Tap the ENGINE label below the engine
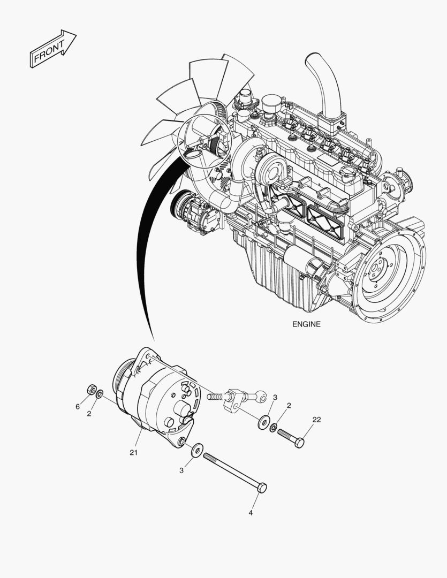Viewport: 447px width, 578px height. pyautogui.click(x=306, y=324)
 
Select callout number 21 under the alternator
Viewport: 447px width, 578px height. pyautogui.click(x=133, y=452)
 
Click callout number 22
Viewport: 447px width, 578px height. pyautogui.click(x=316, y=420)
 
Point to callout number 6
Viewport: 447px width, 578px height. pyautogui.click(x=78, y=407)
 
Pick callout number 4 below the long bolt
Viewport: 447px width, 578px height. pyautogui.click(x=251, y=512)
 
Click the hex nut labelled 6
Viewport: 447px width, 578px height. pyautogui.click(x=92, y=389)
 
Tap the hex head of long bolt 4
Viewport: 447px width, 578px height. pyautogui.click(x=261, y=487)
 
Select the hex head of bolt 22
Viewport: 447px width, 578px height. pyautogui.click(x=299, y=442)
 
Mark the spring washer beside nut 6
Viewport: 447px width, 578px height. pyautogui.click(x=100, y=394)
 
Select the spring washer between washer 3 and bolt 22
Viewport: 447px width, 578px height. pyautogui.click(x=274, y=427)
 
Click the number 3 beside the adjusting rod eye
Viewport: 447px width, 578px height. pyautogui.click(x=275, y=398)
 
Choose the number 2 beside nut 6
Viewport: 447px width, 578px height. pyautogui.click(x=89, y=413)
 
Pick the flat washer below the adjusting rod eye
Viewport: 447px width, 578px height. pyautogui.click(x=263, y=422)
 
